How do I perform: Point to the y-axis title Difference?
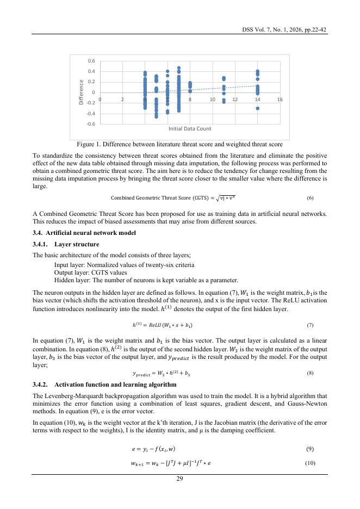click(81, 92)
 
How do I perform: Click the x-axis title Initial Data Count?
click(190, 128)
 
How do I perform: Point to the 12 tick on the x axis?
click(235, 100)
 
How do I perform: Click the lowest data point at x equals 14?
click(257, 108)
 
